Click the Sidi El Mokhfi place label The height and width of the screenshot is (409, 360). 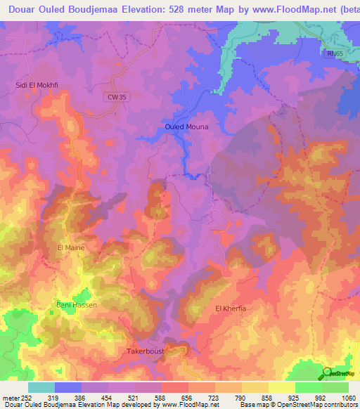[x=36, y=86]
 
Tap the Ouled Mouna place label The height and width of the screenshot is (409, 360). [x=186, y=126]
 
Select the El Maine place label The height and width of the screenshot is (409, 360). [x=70, y=247]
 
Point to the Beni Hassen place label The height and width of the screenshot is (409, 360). [x=77, y=305]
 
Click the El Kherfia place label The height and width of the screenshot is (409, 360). [x=233, y=309]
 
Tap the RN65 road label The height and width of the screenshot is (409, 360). [x=335, y=53]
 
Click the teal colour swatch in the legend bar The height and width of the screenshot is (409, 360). [x=41, y=387]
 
